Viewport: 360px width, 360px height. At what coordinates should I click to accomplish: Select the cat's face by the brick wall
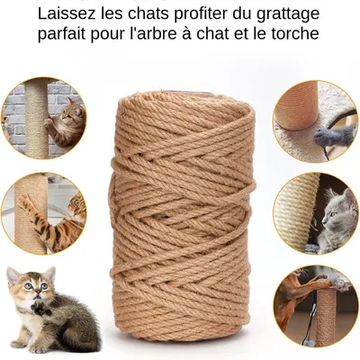(69, 112)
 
